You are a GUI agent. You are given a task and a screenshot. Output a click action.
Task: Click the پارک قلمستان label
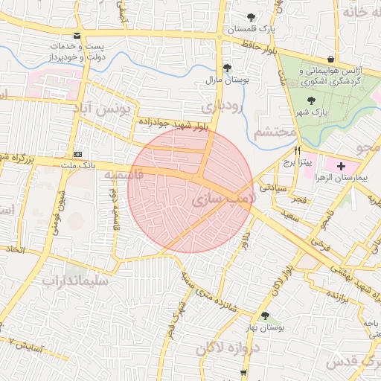(x=252, y=29)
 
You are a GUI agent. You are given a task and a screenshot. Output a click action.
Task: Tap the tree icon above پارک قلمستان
(x=252, y=17)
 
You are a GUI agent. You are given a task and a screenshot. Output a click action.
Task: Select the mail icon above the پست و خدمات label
(x=78, y=36)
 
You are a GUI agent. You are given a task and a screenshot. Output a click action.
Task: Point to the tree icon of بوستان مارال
(x=228, y=66)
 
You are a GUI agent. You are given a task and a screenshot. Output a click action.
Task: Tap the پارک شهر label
(x=316, y=112)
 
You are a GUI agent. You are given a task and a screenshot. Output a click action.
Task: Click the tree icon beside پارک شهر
(x=311, y=99)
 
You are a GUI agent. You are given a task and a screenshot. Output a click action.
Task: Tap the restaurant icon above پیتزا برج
(x=298, y=150)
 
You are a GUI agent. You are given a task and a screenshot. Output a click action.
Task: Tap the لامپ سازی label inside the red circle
(x=223, y=199)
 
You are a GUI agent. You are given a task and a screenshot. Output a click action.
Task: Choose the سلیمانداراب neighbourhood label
(x=75, y=281)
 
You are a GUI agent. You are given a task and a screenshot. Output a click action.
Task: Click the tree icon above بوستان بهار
(x=265, y=316)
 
